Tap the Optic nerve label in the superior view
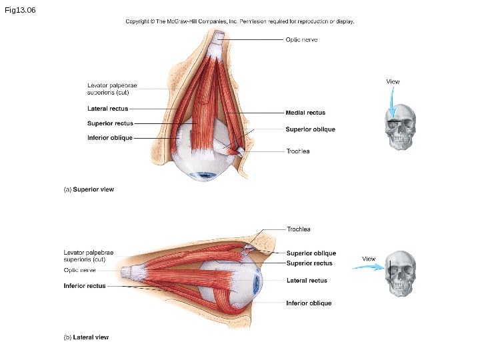tap(301, 39)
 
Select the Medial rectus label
tap(305, 113)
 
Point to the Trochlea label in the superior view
tap(298, 151)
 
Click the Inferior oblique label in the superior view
tap(109, 138)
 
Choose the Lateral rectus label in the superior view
tap(107, 108)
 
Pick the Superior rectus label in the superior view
tap(110, 123)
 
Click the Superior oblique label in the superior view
tap(310, 129)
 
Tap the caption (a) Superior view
tap(89, 189)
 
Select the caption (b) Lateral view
tap(86, 337)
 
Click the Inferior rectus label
tap(85, 286)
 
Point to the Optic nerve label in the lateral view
tap(80, 271)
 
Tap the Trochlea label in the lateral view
tap(299, 229)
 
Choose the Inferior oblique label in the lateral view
tap(309, 303)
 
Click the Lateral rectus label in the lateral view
tap(307, 281)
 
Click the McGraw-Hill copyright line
tap(240, 21)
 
